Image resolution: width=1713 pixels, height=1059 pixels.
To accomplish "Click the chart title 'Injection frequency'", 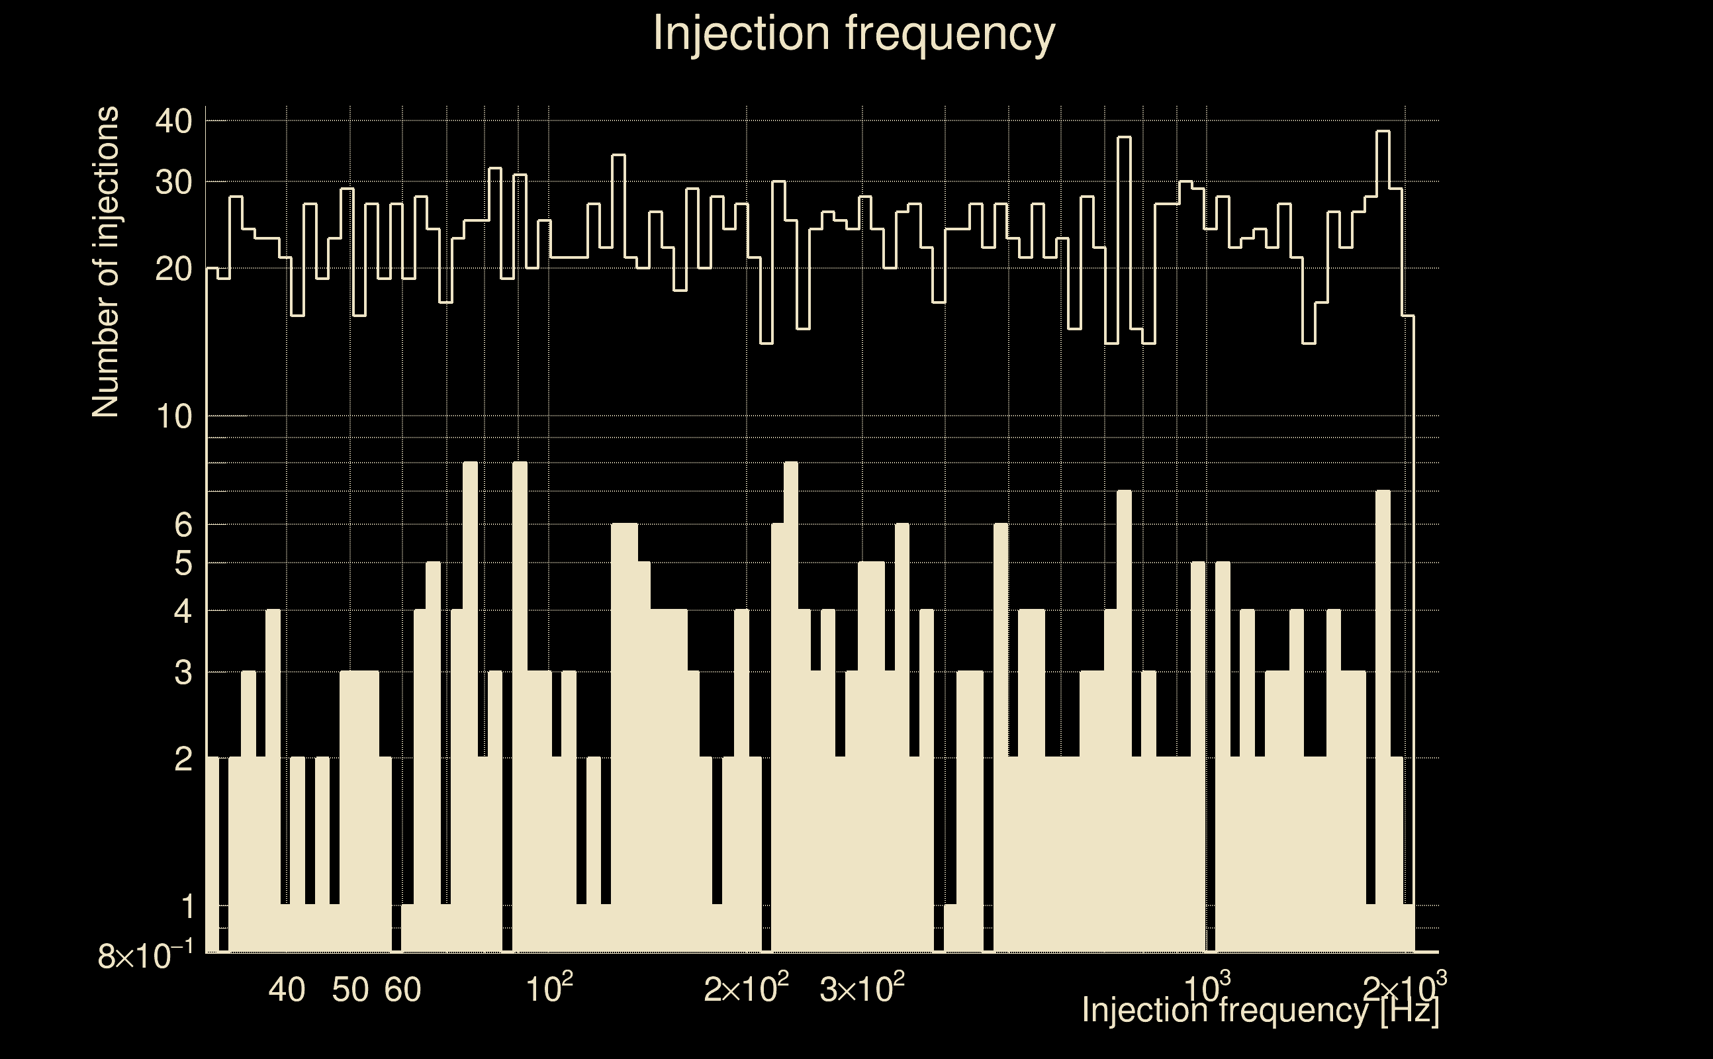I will click(x=854, y=33).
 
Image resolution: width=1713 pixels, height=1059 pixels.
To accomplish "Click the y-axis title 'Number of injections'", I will click(x=106, y=262).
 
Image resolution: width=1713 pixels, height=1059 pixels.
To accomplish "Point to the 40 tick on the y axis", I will click(x=173, y=121).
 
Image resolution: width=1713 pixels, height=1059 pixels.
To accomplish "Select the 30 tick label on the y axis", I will click(x=173, y=182).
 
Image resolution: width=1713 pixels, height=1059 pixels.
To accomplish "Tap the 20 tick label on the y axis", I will click(x=173, y=268).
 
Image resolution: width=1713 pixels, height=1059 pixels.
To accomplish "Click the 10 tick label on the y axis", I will click(x=173, y=417).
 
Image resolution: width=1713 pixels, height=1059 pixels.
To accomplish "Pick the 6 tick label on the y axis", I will click(x=183, y=525).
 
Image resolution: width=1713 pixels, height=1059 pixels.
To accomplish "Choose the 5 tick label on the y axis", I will click(x=183, y=563).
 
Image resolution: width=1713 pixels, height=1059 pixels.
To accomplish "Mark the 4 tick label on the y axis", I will click(x=183, y=612).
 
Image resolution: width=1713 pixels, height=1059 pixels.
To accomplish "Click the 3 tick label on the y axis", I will click(x=183, y=673).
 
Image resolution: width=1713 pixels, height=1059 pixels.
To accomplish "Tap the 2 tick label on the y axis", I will click(x=183, y=759).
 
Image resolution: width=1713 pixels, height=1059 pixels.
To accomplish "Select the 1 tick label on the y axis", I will click(x=186, y=907).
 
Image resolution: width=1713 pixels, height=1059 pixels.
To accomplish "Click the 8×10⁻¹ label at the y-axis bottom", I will click(x=145, y=956).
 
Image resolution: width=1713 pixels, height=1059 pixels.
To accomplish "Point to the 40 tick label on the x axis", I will click(x=287, y=990).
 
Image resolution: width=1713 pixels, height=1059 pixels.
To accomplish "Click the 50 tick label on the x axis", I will click(x=350, y=990).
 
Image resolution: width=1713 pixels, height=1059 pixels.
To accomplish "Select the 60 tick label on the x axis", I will click(x=403, y=990).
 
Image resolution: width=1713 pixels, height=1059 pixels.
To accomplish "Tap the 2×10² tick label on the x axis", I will click(x=746, y=988).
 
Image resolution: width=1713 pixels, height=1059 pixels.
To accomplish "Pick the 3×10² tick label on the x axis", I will click(x=862, y=988).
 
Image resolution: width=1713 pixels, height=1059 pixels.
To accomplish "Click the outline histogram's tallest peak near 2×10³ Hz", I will click(x=1383, y=132).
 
